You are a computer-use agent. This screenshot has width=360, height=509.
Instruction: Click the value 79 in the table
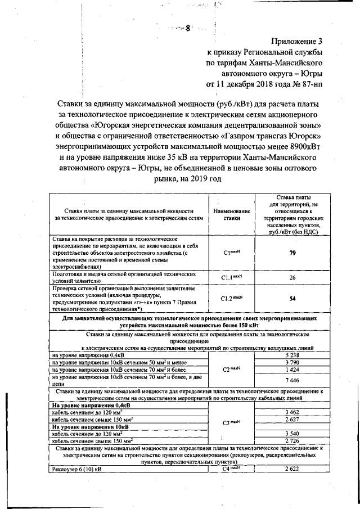(292, 253)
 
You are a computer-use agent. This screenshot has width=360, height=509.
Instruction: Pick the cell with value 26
(292, 277)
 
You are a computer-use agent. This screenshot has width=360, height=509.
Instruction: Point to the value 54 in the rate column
(292, 299)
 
